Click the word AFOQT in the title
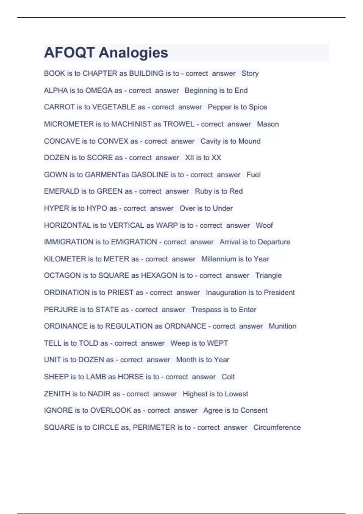[x=70, y=53]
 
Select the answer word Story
[x=250, y=74]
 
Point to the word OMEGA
[x=99, y=91]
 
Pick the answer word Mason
[x=268, y=124]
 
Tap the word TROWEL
[x=179, y=124]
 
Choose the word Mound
[x=249, y=141]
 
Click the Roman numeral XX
[x=216, y=158]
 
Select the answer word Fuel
[x=253, y=175]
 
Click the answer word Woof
[x=264, y=226]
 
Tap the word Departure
[x=274, y=242]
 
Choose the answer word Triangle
[x=269, y=276]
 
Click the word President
[x=279, y=293]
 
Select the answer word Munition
[x=283, y=326]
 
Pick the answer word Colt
[x=228, y=377]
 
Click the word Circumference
[x=277, y=428]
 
